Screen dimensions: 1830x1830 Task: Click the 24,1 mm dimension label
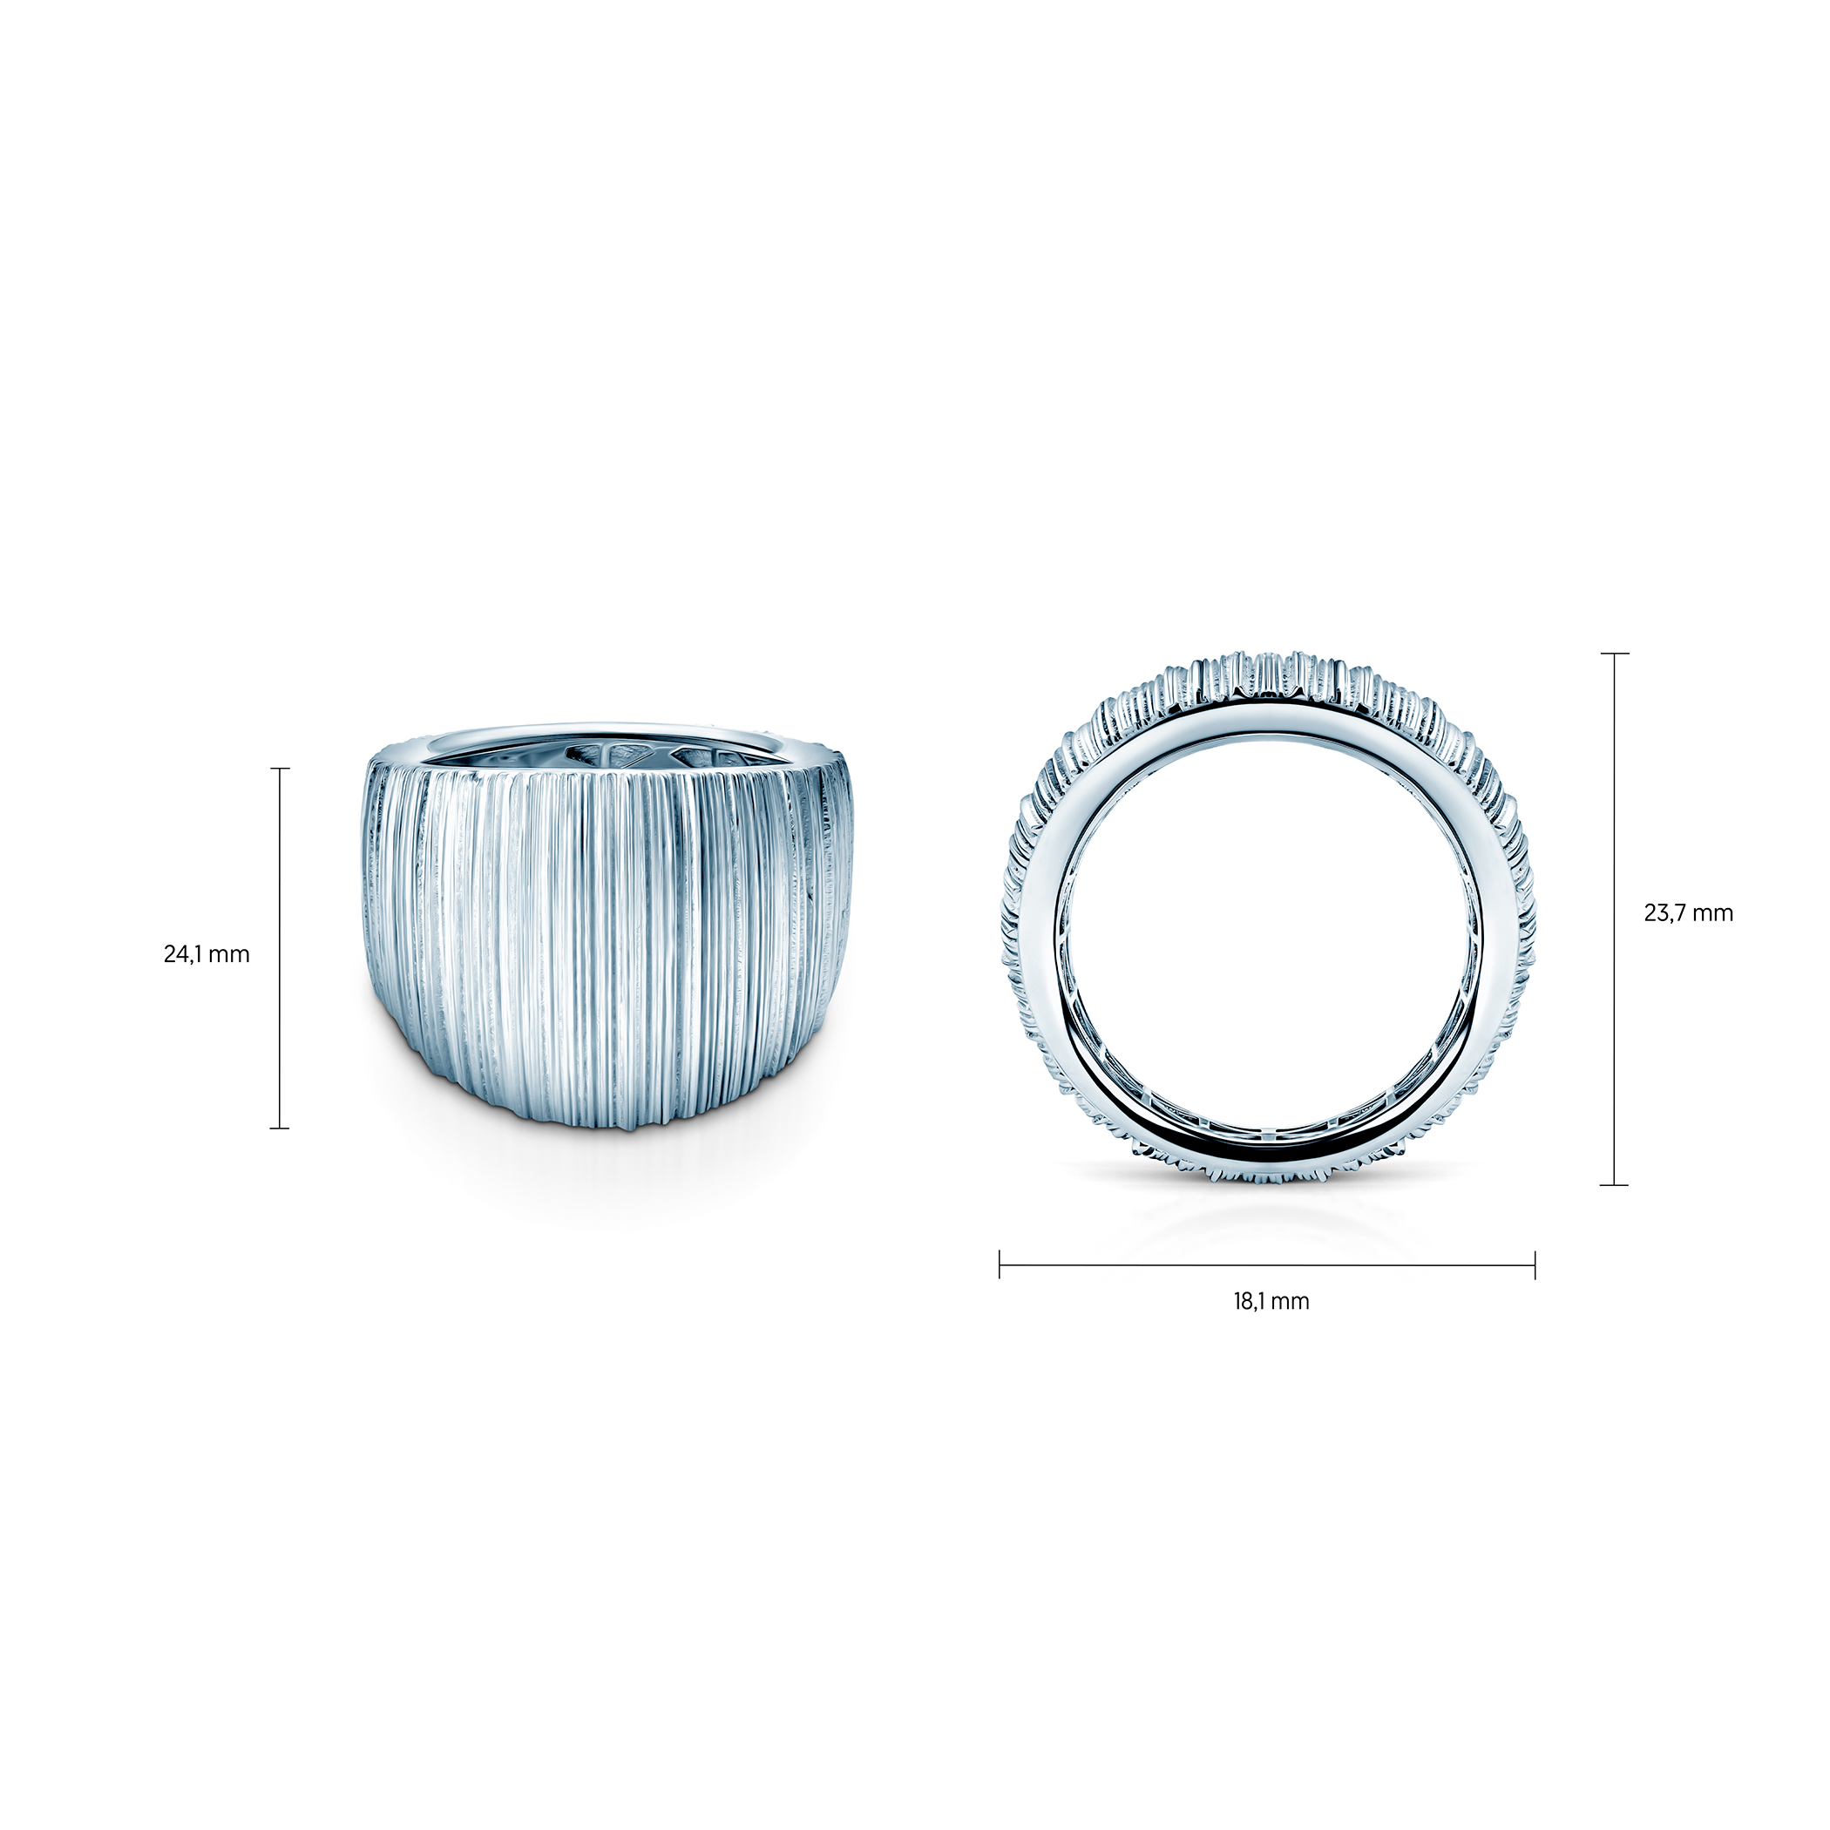click(x=207, y=954)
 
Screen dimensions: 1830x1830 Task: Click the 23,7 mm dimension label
click(x=1688, y=913)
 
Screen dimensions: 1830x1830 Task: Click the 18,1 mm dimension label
click(x=1271, y=1300)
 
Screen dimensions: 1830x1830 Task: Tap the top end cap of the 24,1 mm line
click(x=280, y=769)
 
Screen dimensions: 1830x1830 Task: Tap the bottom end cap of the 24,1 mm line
click(x=280, y=1128)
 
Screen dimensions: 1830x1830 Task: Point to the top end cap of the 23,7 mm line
click(x=1614, y=654)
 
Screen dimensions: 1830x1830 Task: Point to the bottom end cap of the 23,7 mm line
click(x=1614, y=1185)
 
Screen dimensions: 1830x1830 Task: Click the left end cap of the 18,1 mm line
click(x=1000, y=1264)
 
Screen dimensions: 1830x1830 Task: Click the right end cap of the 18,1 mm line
click(x=1535, y=1264)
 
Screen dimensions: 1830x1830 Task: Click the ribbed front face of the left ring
click(x=607, y=947)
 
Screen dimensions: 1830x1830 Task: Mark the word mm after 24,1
click(x=228, y=954)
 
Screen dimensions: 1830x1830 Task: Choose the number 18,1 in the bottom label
click(x=1250, y=1300)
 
